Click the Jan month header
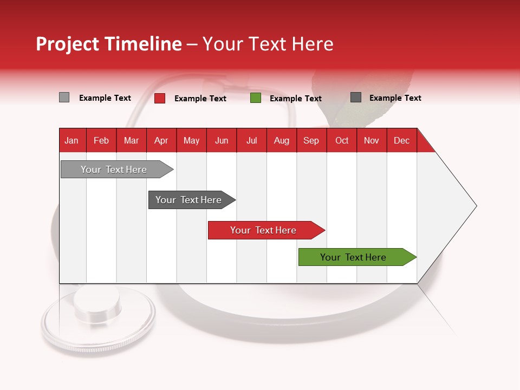71,140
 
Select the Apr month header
161,140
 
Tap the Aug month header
282,140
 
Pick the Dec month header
401,140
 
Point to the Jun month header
222,140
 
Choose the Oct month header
342,140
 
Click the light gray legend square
64,97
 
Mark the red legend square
160,98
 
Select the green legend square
256,98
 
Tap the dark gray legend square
356,97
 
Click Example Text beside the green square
295,98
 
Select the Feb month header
101,140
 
